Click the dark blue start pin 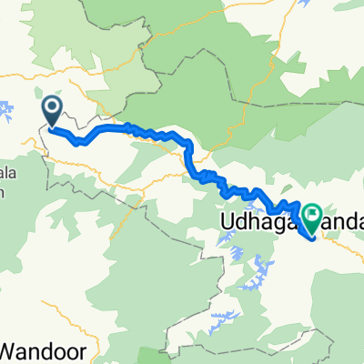pyautogui.click(x=52, y=110)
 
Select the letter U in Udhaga pyautogui.click(x=227, y=220)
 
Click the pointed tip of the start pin pyautogui.click(x=52, y=127)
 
